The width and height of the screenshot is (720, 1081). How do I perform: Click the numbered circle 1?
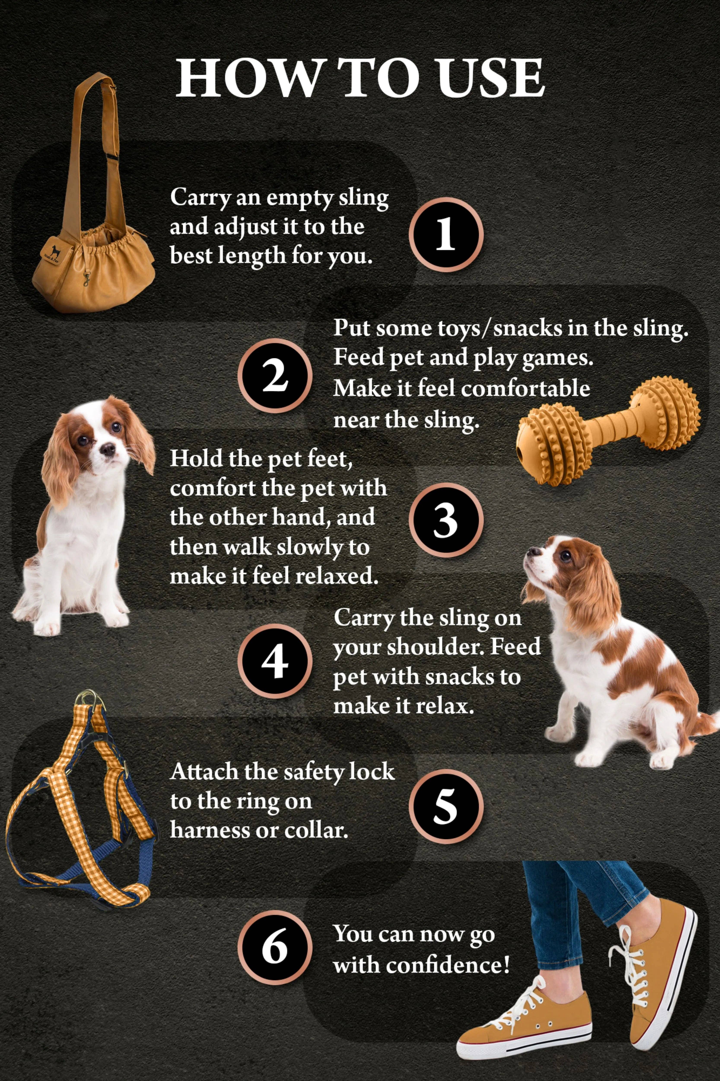445,234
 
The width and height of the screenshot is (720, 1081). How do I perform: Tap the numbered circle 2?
275,376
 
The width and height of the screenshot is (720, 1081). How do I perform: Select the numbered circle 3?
445,520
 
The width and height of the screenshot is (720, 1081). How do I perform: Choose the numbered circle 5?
445,806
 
